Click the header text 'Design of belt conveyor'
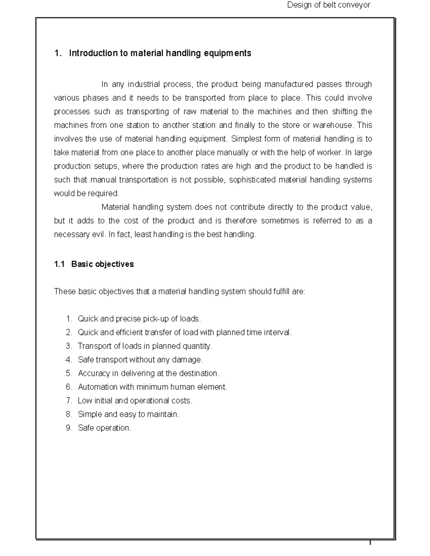tap(329, 5)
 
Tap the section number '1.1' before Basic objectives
tap(59, 264)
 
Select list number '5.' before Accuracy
tap(69, 373)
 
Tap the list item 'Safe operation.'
tap(104, 428)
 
